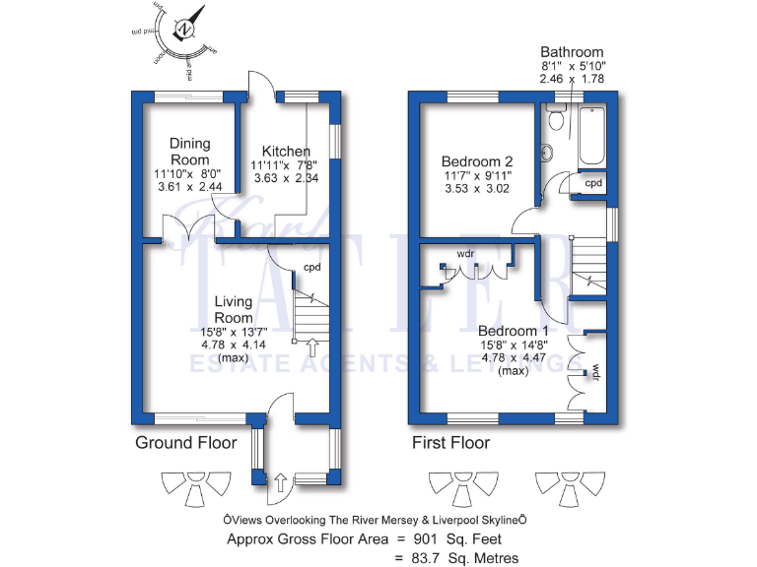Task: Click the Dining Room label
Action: pyautogui.click(x=189, y=152)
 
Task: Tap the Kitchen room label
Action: pyautogui.click(x=281, y=151)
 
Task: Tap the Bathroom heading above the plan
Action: pyautogui.click(x=572, y=52)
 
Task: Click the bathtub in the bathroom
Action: pyautogui.click(x=591, y=135)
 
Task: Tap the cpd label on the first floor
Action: pyautogui.click(x=593, y=183)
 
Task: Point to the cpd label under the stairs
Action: pyautogui.click(x=311, y=267)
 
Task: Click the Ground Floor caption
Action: pyautogui.click(x=185, y=443)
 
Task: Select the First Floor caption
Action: pyautogui.click(x=450, y=443)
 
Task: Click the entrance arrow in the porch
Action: pyautogui.click(x=280, y=482)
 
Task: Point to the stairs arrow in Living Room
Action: pyautogui.click(x=313, y=346)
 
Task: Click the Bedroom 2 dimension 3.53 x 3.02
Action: pyautogui.click(x=477, y=188)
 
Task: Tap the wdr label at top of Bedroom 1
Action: pyautogui.click(x=466, y=254)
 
